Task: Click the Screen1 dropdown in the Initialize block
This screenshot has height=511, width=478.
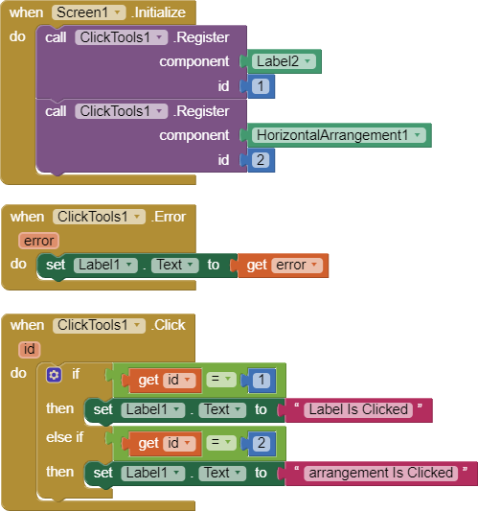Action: click(x=88, y=12)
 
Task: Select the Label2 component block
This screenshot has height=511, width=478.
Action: click(x=283, y=61)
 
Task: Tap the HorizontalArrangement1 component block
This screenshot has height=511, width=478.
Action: click(x=337, y=135)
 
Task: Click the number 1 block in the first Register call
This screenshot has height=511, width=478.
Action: click(x=261, y=86)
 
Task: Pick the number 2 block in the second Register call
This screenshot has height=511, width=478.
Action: click(x=261, y=160)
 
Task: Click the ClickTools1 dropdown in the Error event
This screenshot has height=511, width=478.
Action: click(x=99, y=217)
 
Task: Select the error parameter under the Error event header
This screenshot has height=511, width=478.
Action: click(x=38, y=241)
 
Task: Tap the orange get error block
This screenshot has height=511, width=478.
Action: click(x=282, y=266)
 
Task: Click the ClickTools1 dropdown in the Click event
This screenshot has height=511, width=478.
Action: click(x=99, y=325)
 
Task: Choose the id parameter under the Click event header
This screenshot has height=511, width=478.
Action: click(x=30, y=349)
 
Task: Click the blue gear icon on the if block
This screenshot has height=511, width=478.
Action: click(x=54, y=375)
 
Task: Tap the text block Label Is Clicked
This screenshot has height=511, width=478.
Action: click(x=357, y=410)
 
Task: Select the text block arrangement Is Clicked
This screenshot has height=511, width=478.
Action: click(x=379, y=474)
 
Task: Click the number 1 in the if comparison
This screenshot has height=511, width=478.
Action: click(x=261, y=380)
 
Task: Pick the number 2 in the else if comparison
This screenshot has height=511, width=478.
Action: click(x=261, y=443)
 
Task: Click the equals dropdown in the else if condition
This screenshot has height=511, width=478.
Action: click(x=221, y=443)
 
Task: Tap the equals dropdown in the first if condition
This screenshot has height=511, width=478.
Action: click(x=221, y=380)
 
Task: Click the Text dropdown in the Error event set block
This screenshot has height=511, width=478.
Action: click(x=175, y=265)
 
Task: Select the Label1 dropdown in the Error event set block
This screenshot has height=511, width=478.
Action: click(x=105, y=265)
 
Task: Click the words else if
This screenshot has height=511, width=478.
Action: click(x=65, y=437)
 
